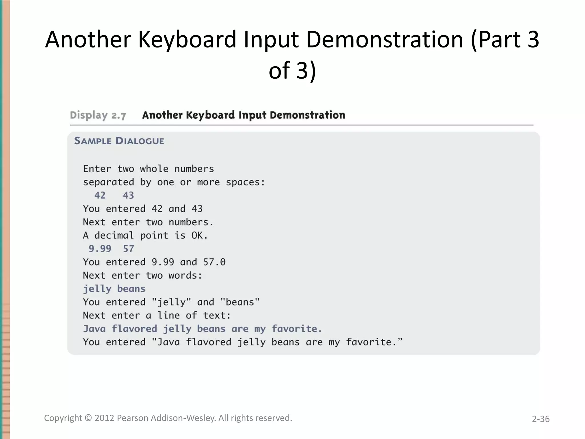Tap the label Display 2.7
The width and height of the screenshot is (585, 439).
(98, 115)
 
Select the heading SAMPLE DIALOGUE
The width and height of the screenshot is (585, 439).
(119, 141)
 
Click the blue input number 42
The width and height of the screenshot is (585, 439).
(100, 195)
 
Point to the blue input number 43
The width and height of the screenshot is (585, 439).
(129, 195)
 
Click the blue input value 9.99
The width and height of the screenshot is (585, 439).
(100, 249)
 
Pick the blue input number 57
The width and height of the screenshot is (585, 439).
(129, 249)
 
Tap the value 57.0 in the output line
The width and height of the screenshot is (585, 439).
(214, 262)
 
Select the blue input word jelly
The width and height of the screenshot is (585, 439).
(97, 289)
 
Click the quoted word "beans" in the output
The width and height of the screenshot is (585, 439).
(240, 302)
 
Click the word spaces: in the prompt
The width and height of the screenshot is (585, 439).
(245, 182)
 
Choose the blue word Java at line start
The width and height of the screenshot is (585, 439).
(94, 329)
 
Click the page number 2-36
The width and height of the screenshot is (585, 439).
(540, 419)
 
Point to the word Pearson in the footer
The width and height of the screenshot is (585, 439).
(133, 418)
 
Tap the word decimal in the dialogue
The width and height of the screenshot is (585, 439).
(114, 236)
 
